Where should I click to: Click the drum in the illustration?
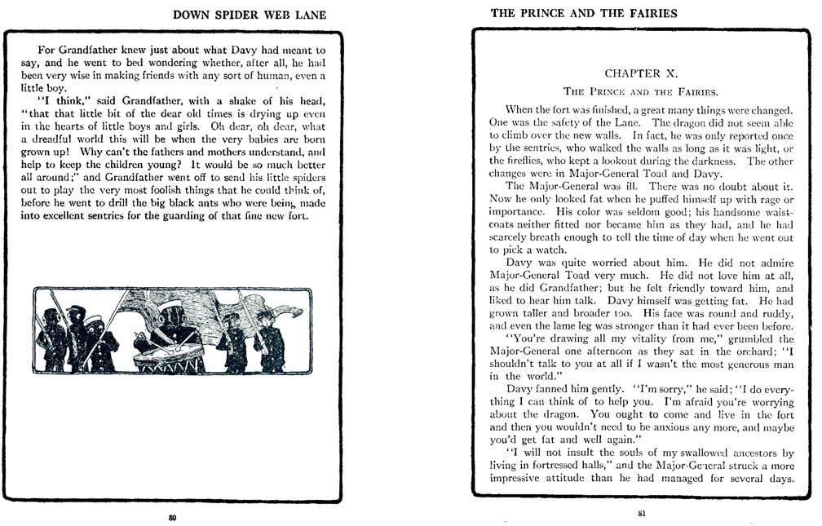[x=170, y=356]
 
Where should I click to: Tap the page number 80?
[x=172, y=517]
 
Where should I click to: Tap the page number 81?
[x=642, y=514]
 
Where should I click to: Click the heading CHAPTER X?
[x=641, y=73]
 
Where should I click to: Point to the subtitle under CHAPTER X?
[x=641, y=91]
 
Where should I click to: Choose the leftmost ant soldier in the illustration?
[x=52, y=338]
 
